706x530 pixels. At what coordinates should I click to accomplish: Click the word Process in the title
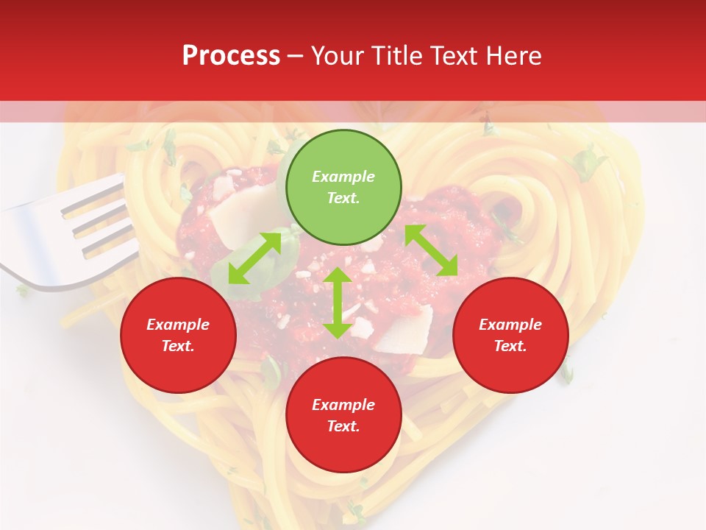coord(231,56)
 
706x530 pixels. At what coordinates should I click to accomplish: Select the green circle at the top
coord(343,188)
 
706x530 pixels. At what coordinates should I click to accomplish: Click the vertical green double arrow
coord(338,303)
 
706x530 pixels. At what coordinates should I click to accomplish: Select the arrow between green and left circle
coord(254,258)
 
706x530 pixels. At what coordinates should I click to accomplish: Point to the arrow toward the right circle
coord(432,250)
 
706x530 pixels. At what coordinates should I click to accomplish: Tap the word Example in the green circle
coord(343,177)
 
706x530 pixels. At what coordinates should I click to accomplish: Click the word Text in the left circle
coord(178,346)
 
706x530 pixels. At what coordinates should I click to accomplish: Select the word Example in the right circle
coord(510,325)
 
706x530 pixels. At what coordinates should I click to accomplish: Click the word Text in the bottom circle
coord(343,426)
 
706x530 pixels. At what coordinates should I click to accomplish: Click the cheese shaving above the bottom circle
coord(401,328)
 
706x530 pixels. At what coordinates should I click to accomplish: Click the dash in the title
coord(295,57)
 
